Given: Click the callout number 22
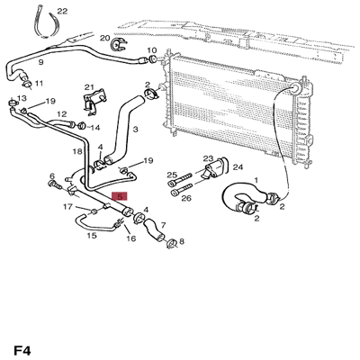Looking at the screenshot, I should tap(61, 12).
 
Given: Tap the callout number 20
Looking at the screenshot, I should tap(105, 39).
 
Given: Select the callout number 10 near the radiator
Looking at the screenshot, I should tap(151, 50).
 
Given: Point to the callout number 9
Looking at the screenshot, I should tap(40, 62).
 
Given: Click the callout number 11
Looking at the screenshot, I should tap(39, 83).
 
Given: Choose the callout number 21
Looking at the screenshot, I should tap(88, 87).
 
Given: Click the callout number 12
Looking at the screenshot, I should tap(62, 114).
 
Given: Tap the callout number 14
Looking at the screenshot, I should tap(94, 128).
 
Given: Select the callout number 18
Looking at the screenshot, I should tap(78, 152).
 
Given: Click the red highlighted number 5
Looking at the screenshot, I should tap(120, 195).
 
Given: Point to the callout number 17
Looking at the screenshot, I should tap(67, 208).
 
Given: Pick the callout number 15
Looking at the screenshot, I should tap(92, 237).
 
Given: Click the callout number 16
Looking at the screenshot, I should tap(130, 239).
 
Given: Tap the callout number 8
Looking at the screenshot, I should tap(182, 241).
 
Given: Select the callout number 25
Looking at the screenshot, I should tap(172, 175).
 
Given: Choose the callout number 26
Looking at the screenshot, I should tap(186, 198).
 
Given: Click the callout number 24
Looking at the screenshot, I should tap(238, 166).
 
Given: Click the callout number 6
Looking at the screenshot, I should tap(52, 176).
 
